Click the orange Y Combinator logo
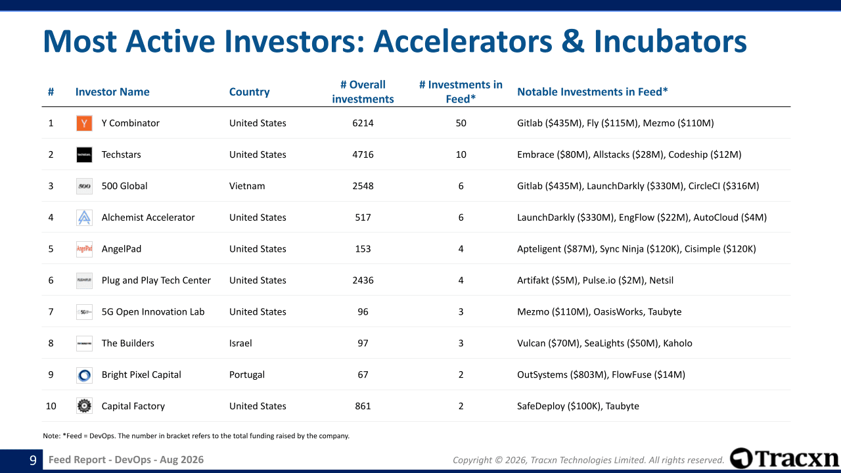tap(84, 123)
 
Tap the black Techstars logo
tap(84, 154)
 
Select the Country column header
tap(249, 92)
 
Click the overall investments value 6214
tap(363, 123)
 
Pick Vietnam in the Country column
tap(247, 186)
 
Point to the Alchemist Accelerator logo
tap(84, 217)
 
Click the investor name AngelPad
tap(122, 249)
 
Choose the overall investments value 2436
tap(363, 281)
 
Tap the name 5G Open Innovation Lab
tap(153, 312)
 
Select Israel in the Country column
tap(240, 343)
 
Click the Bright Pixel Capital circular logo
tap(84, 375)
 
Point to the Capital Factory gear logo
tap(84, 406)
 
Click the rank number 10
tap(51, 406)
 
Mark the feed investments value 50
tap(461, 123)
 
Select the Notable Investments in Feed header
tap(592, 92)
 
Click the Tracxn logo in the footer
tap(784, 459)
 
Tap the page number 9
tap(33, 461)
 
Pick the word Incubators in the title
tap(670, 41)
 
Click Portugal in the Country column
tap(246, 374)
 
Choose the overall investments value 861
tap(363, 406)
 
